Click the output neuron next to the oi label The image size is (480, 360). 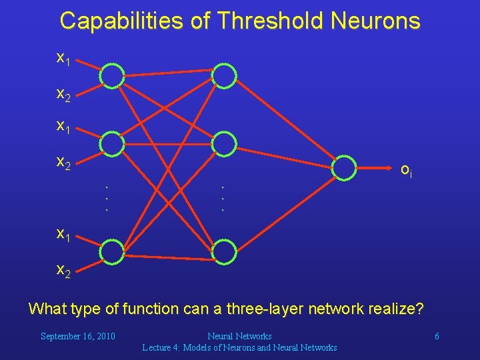click(345, 167)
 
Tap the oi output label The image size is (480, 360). click(406, 170)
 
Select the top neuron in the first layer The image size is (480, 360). click(112, 76)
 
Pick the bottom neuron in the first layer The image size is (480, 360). click(112, 251)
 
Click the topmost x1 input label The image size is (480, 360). click(63, 59)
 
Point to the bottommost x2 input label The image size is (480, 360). click(63, 270)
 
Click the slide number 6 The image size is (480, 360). click(437, 336)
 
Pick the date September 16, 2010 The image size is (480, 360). click(78, 336)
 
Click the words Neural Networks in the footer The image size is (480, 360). click(239, 336)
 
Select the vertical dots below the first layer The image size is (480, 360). click(107, 198)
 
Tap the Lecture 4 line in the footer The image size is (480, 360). click(239, 347)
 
